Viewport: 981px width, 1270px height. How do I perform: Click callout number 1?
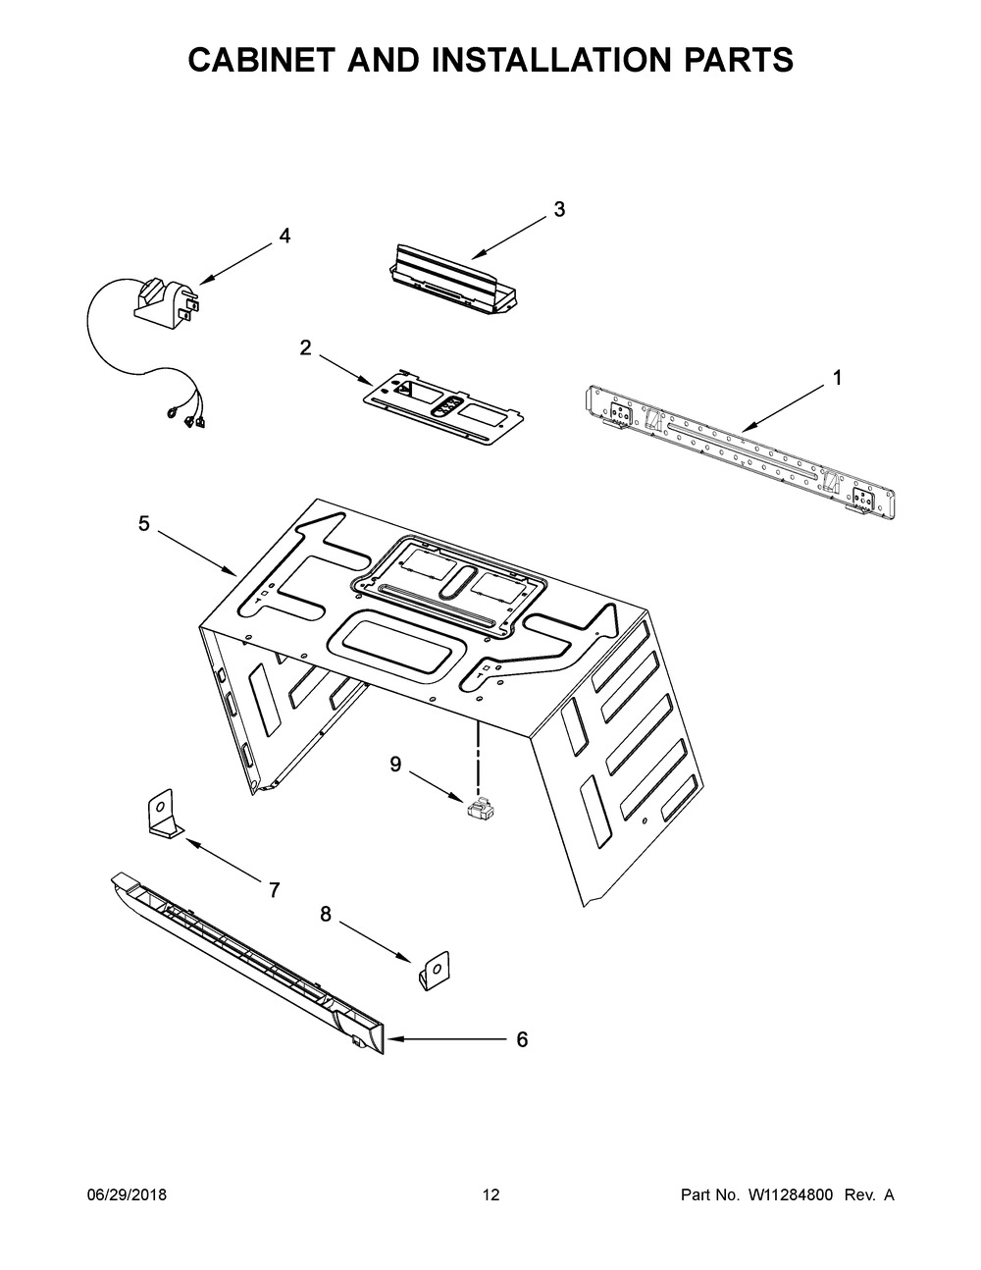[837, 377]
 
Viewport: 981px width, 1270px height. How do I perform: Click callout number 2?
[306, 346]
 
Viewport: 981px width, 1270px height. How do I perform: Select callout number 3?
[559, 209]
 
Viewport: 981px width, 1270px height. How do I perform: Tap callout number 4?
[284, 236]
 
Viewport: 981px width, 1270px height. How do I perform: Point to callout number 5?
[144, 524]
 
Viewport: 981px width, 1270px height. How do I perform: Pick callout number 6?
[521, 1038]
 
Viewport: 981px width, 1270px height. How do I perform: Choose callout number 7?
[275, 890]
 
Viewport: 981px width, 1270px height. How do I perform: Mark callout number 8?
[326, 915]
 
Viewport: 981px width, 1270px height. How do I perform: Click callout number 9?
[395, 764]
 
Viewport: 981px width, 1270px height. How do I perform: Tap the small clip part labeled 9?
[480, 810]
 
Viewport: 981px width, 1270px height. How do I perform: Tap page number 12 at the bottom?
[490, 1194]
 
